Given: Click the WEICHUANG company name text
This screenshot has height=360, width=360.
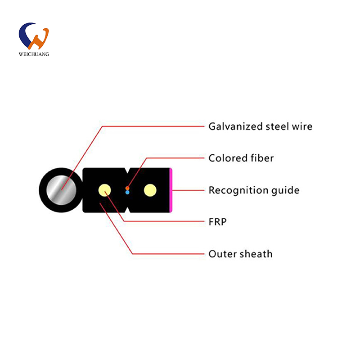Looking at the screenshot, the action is tap(34, 54).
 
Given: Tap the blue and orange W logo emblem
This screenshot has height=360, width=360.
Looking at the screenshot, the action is tap(34, 36).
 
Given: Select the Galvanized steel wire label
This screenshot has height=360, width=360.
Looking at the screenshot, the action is tap(261, 126).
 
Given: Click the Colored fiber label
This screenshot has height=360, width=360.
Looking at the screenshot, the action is tap(241, 158).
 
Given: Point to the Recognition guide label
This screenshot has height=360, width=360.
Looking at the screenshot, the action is tap(254, 190).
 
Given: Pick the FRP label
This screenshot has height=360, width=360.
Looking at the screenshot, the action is tap(217, 222).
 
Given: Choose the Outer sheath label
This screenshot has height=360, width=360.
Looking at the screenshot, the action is tap(240, 254).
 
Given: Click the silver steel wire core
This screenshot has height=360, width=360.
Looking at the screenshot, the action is tap(61, 190).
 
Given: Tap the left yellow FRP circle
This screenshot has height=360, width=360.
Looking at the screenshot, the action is tap(105, 190).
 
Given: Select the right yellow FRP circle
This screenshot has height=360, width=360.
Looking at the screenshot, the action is tap(150, 190).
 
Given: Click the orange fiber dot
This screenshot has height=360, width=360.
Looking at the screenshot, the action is tap(127, 188).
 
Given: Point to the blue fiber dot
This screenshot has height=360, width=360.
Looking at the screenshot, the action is tap(127, 193).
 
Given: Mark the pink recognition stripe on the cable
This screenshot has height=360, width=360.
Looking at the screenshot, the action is tap(171, 190).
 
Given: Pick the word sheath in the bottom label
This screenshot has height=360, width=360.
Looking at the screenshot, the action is tap(256, 254).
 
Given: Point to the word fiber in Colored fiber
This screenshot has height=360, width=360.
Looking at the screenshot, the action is tap(262, 158).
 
